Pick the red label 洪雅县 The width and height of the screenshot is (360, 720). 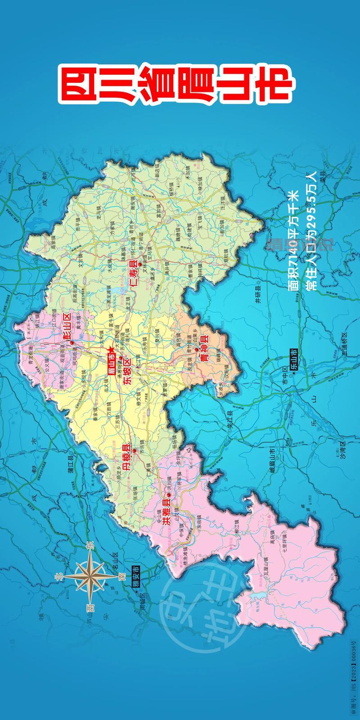pos(165,508)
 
